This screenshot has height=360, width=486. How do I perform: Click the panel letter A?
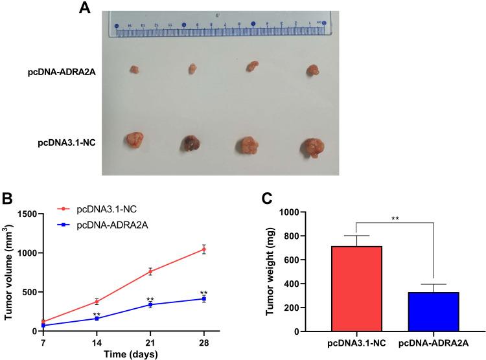tap(84, 8)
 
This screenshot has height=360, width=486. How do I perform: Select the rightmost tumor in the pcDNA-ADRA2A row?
tap(312, 69)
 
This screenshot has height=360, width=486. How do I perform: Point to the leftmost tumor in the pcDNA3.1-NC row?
tap(135, 141)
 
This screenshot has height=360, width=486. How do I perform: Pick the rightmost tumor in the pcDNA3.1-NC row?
tap(311, 146)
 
